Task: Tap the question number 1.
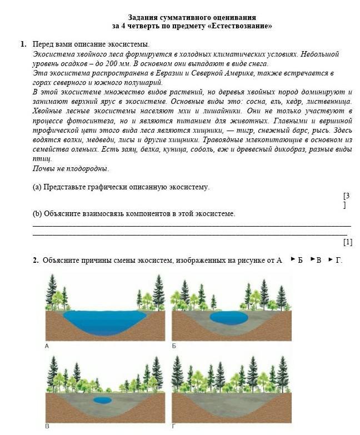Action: (x=23, y=44)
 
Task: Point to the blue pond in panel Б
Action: (x=229, y=318)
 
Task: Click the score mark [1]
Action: (x=348, y=242)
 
